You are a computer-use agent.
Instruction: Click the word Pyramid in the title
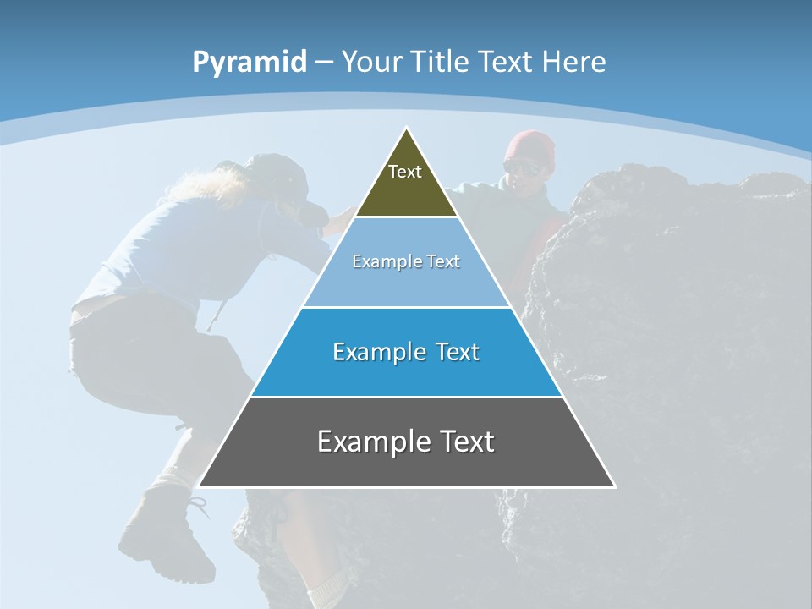click(249, 63)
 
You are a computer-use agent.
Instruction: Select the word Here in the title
click(573, 62)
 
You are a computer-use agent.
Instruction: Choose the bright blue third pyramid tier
click(407, 372)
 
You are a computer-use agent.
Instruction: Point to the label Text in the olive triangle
click(405, 172)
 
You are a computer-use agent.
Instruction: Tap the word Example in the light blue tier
click(382, 261)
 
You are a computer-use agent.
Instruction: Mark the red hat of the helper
click(531, 146)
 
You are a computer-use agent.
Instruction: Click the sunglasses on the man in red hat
click(524, 167)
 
